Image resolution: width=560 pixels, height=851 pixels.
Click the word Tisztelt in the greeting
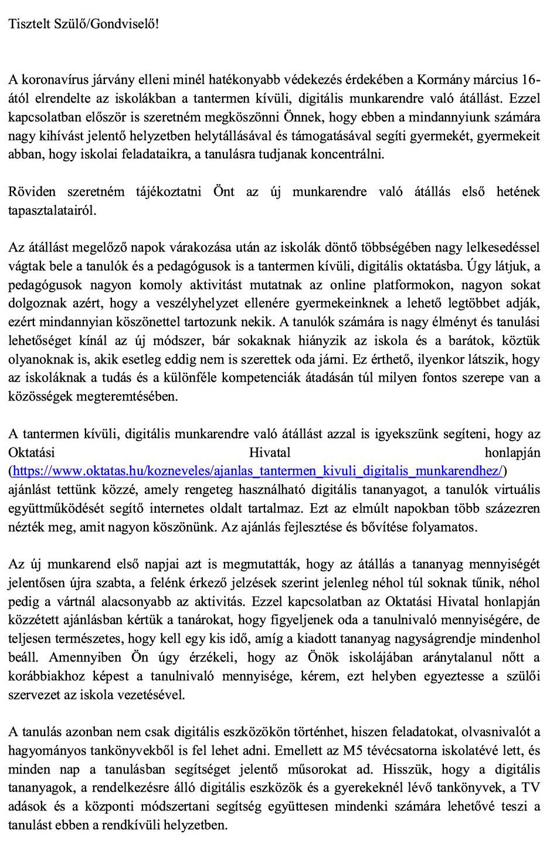(29, 24)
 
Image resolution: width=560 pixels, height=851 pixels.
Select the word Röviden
(32, 192)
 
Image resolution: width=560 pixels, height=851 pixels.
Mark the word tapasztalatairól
(52, 211)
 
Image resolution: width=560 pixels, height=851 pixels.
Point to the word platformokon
(411, 285)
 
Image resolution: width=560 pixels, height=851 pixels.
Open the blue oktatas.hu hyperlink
(257, 471)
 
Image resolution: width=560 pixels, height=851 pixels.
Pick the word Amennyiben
(84, 657)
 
